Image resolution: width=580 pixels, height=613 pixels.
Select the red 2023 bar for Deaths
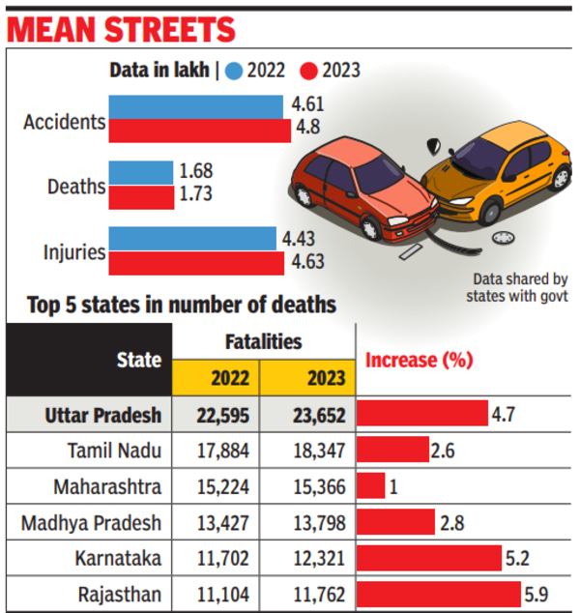[140, 196]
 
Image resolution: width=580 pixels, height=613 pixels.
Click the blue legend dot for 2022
[234, 70]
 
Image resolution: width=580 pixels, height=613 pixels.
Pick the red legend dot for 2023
[309, 70]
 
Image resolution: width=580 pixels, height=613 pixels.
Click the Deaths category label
[75, 186]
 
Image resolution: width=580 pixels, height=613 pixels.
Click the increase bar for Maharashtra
[371, 485]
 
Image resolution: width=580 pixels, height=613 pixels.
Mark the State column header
[139, 361]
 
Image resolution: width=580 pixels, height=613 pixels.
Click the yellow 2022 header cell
[217, 377]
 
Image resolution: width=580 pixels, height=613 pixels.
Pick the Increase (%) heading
[419, 361]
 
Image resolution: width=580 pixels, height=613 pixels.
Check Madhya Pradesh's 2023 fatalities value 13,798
[312, 522]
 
